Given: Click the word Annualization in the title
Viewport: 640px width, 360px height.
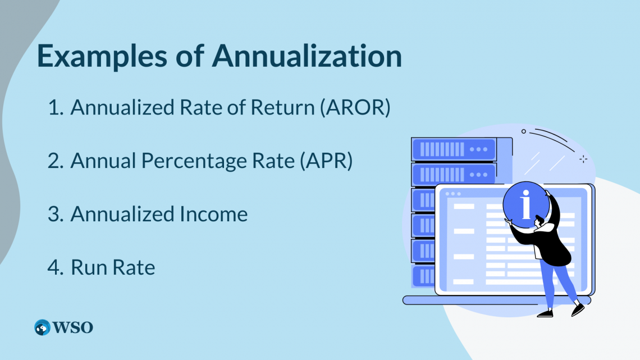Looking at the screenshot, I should click(x=308, y=57).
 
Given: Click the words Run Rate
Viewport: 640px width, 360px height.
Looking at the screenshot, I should click(x=113, y=268).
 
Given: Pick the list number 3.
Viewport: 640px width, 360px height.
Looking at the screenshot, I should click(x=55, y=214).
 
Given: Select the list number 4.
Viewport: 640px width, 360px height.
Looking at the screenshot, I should click(x=55, y=268).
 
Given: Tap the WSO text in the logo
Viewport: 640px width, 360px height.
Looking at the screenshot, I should click(x=73, y=327).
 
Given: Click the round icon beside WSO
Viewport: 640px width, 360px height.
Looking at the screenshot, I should click(x=42, y=327).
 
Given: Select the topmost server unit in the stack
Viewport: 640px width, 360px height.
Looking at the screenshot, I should click(x=454, y=149).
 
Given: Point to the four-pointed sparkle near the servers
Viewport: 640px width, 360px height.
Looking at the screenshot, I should click(x=583, y=159).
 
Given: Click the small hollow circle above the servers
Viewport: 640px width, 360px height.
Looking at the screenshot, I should click(x=523, y=131).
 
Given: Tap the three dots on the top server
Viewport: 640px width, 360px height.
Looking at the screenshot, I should click(x=478, y=149).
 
